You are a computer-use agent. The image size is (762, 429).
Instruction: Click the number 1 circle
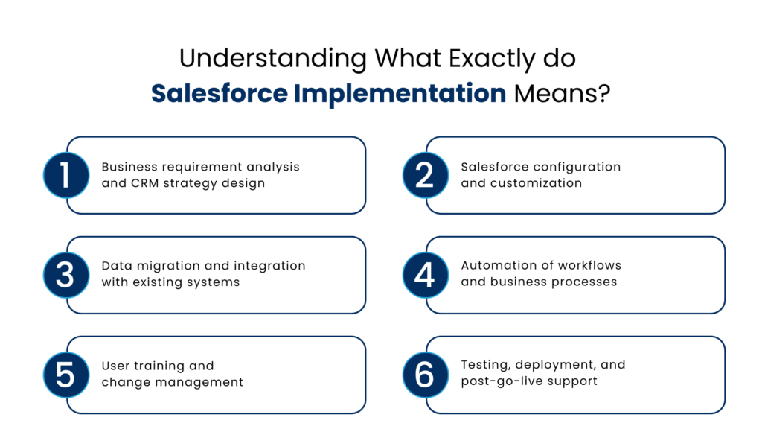click(x=65, y=175)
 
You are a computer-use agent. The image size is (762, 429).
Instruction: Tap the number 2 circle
click(x=424, y=175)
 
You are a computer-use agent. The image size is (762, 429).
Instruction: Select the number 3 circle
click(x=65, y=275)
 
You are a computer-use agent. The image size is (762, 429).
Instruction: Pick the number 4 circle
click(x=424, y=275)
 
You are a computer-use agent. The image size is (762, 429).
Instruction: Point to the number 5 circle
click(x=65, y=375)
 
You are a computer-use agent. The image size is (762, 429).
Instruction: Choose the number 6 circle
click(x=424, y=375)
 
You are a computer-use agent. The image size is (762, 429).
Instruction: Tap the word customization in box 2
click(x=534, y=183)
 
